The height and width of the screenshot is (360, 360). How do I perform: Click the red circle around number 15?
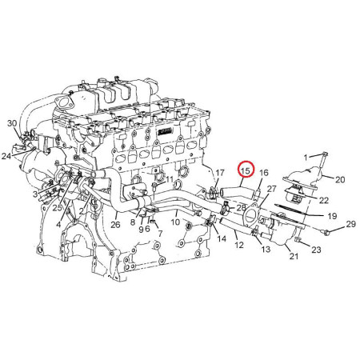click(x=246, y=169)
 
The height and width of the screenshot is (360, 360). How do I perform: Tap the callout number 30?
click(x=12, y=123)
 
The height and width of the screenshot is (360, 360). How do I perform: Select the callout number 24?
click(x=6, y=156)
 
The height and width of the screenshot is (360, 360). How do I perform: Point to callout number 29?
click(x=351, y=224)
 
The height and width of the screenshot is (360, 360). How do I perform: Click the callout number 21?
click(x=294, y=256)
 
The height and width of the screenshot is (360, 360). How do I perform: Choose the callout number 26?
click(x=115, y=225)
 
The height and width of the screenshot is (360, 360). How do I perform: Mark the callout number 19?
click(x=332, y=216)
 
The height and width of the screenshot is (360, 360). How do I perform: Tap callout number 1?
click(x=306, y=158)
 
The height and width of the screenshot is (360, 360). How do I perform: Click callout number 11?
click(x=170, y=180)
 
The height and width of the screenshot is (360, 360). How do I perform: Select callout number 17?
click(x=220, y=173)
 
